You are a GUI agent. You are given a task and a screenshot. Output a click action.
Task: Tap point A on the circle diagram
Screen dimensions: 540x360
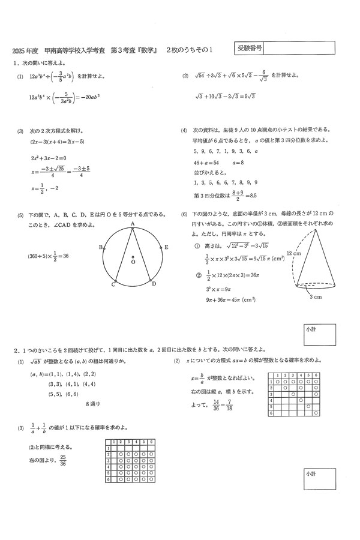(x=132, y=224)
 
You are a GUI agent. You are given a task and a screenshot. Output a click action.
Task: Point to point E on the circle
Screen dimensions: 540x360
(x=166, y=247)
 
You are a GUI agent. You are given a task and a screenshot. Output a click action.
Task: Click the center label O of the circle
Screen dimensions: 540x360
(x=133, y=262)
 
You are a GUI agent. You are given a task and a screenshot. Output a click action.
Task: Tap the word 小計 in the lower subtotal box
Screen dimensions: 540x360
(x=311, y=475)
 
